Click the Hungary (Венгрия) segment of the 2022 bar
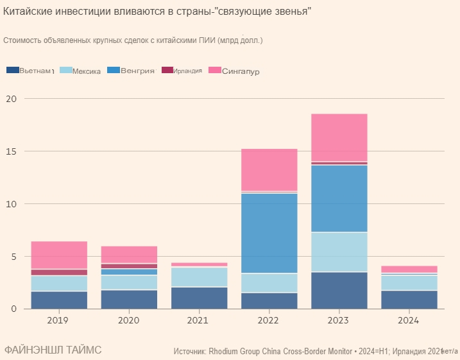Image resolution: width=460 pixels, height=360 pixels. point(269,233)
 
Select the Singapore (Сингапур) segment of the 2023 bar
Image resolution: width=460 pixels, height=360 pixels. point(339,137)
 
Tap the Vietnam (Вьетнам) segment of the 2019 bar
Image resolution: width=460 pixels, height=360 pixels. point(59,300)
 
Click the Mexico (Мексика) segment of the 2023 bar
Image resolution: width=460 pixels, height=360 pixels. point(339,252)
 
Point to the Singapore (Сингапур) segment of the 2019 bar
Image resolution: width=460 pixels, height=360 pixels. point(59,255)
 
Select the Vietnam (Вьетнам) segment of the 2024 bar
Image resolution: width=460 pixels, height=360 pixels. point(409,300)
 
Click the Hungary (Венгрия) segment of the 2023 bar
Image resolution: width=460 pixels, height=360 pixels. point(339,198)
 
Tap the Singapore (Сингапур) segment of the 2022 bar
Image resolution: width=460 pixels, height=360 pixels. point(269,169)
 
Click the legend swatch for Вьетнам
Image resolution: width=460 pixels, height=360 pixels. point(12,70)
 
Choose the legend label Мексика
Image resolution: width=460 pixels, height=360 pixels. point(87,71)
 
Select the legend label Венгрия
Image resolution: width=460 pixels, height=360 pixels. point(137,70)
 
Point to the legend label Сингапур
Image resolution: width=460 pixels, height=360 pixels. point(240,71)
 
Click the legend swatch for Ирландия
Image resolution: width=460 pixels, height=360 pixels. point(167,70)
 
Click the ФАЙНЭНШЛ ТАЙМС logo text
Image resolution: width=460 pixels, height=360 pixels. point(53,350)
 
